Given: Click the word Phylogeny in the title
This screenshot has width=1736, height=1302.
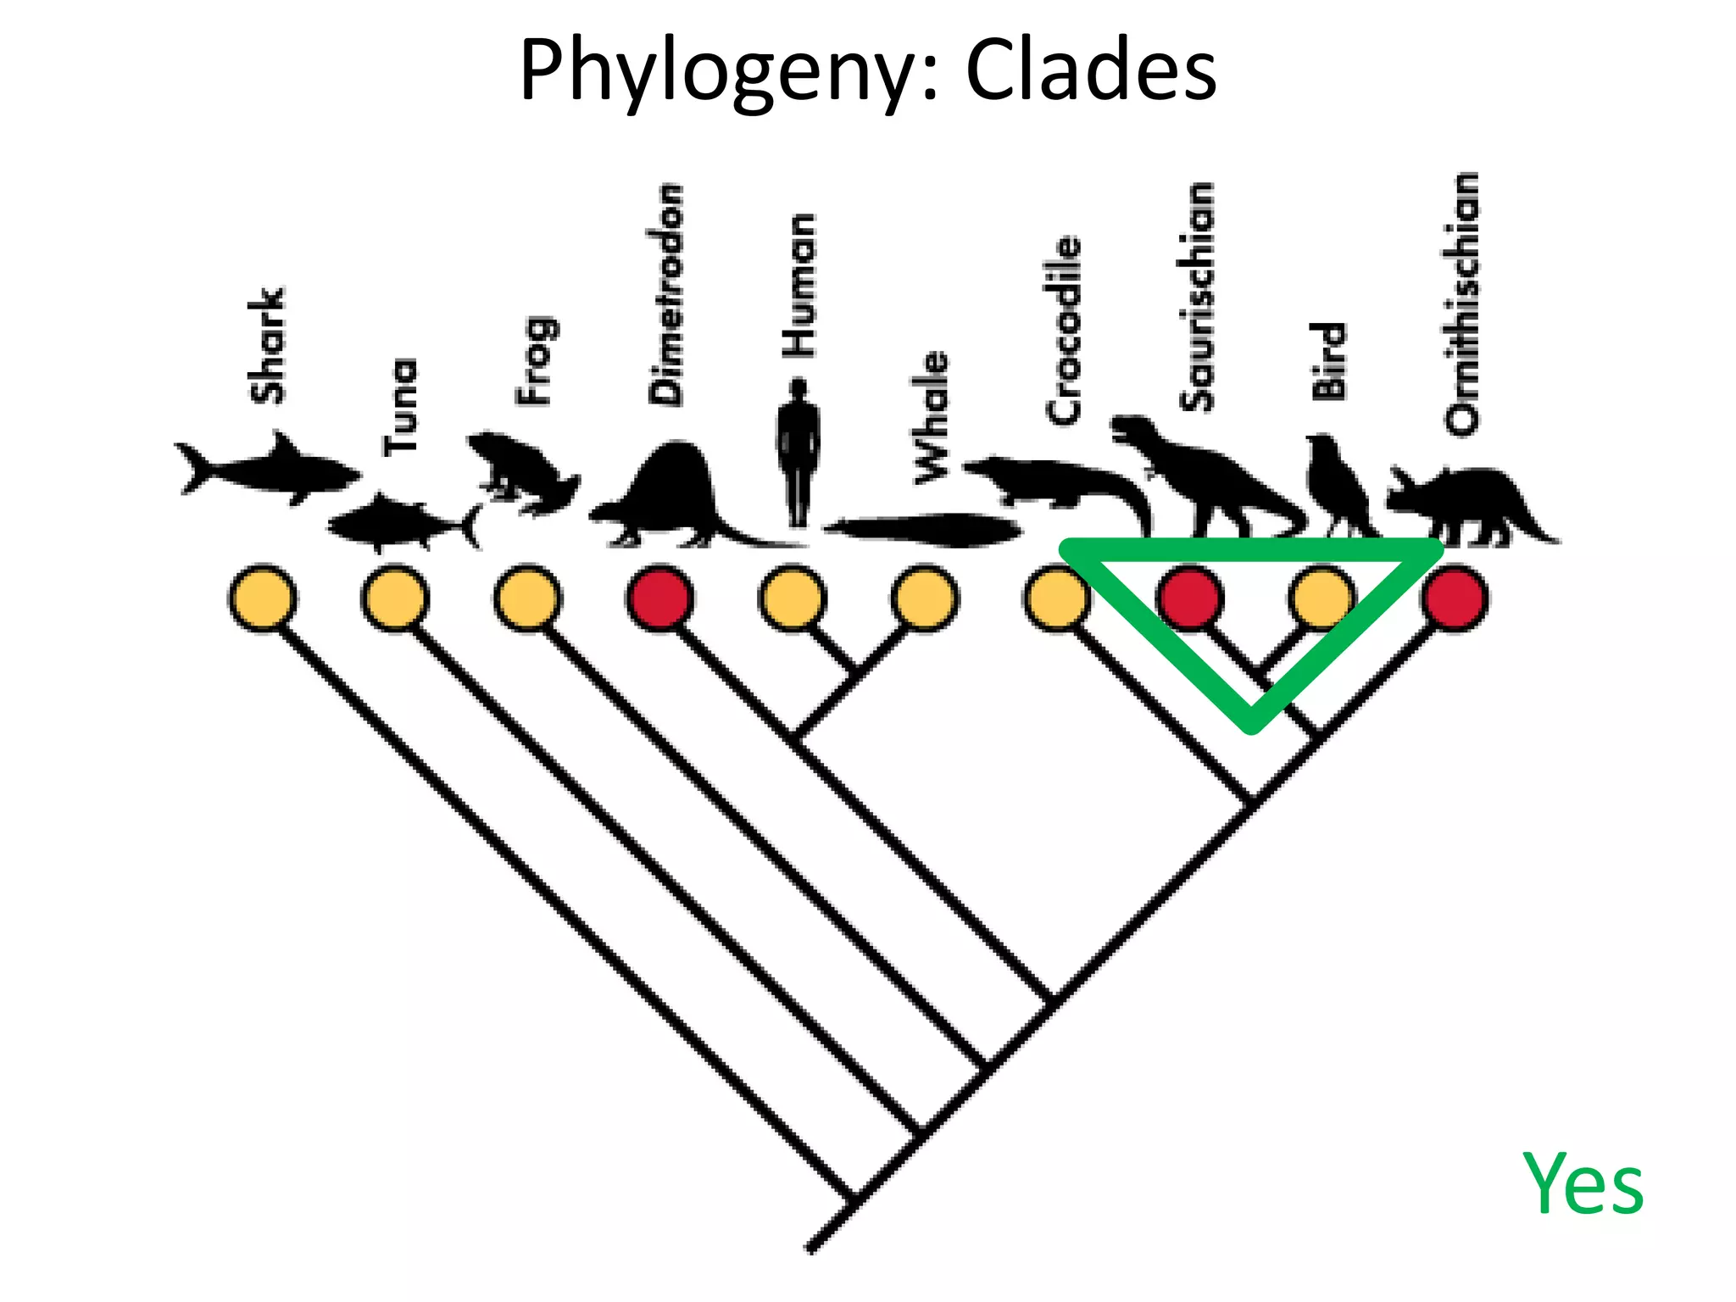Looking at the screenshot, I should point(726,72).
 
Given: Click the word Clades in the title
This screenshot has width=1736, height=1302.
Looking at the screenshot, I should point(1091,70).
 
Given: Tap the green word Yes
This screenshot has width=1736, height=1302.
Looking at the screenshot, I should point(1583,1183).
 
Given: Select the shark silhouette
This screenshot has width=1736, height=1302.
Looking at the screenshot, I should point(267,469).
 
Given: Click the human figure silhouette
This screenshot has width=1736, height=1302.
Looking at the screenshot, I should point(798,453).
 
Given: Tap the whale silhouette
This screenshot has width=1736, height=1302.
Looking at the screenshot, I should point(924,531).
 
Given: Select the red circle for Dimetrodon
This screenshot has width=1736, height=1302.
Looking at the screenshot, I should point(660,598).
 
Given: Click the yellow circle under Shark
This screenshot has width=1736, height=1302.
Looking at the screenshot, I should point(263,598).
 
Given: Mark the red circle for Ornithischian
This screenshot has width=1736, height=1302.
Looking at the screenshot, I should point(1455,598).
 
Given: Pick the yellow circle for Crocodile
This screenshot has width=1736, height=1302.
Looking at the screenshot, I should point(1056,598).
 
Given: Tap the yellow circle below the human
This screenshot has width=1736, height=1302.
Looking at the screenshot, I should point(793,598).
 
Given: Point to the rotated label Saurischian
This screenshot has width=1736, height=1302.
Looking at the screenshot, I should point(1197,297).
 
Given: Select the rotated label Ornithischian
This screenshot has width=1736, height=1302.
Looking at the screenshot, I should point(1462,303).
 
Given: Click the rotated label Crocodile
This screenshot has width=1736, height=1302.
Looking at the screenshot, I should point(1065,329).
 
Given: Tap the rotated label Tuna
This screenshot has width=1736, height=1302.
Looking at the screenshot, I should point(400,407).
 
